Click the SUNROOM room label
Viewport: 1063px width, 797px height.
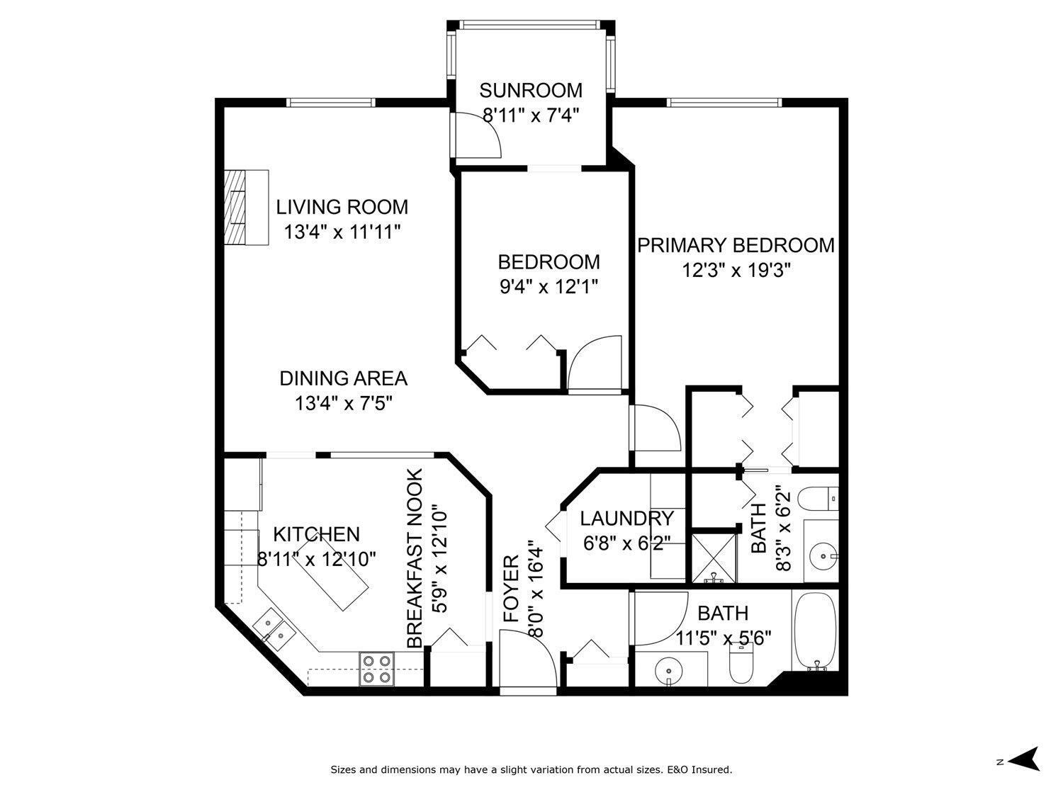531,91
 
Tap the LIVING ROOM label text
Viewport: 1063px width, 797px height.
342,207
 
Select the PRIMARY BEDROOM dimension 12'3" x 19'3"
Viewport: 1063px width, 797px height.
736,271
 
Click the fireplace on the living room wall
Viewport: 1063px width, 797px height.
246,208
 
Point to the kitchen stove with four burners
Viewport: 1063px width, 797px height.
376,669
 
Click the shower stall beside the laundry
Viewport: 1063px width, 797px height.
714,558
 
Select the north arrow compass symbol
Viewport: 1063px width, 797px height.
1023,759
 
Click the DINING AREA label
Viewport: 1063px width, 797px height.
343,378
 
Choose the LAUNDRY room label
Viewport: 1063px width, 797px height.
626,519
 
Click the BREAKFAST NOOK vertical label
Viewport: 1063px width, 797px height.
415,558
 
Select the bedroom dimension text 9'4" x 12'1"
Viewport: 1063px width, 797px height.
549,287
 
